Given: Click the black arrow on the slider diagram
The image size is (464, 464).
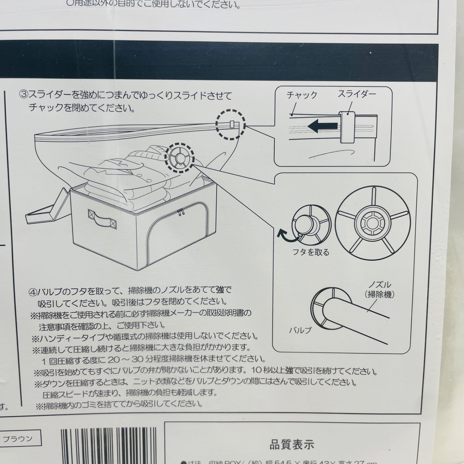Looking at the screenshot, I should pyautogui.click(x=322, y=126).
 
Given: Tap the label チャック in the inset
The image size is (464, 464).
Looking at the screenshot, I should pyautogui.click(x=302, y=95).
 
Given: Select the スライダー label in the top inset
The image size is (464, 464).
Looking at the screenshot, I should pyautogui.click(x=357, y=94).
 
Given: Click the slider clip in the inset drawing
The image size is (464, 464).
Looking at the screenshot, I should pyautogui.click(x=347, y=127).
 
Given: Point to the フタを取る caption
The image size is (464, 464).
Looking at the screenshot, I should pyautogui.click(x=311, y=252).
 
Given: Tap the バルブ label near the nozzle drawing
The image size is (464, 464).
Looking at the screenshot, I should pyautogui.click(x=300, y=330).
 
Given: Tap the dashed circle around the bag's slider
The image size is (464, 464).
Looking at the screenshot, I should pyautogui.click(x=231, y=125).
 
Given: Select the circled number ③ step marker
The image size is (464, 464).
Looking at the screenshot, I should pyautogui.click(x=23, y=95).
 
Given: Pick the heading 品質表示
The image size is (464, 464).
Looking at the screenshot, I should pyautogui.click(x=292, y=445).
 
